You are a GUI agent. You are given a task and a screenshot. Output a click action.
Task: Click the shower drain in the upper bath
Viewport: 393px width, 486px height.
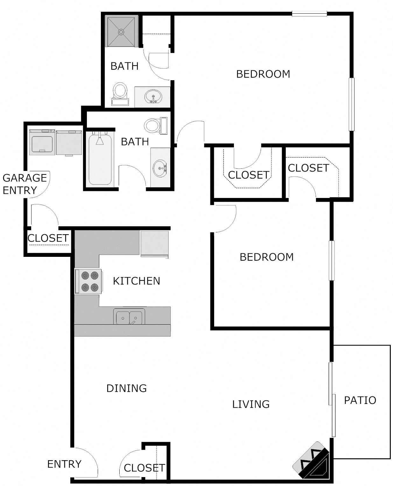tap(121, 32)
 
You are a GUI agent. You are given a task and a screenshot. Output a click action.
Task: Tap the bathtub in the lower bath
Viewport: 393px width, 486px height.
tap(100, 159)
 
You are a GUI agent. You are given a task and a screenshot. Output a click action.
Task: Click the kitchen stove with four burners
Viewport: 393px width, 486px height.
tap(88, 281)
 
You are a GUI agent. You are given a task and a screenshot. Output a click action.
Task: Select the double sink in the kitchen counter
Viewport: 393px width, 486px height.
tap(129, 317)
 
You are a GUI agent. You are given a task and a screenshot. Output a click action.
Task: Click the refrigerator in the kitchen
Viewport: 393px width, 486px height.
tap(154, 243)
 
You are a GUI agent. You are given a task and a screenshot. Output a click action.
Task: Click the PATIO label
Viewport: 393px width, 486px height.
tap(360, 400)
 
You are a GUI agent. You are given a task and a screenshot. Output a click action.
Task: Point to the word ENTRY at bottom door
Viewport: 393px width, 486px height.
tap(64, 464)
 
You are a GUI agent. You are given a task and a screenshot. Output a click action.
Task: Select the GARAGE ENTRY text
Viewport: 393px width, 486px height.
tap(25, 184)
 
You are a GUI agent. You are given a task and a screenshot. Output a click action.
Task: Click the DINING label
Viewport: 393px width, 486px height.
tap(126, 388)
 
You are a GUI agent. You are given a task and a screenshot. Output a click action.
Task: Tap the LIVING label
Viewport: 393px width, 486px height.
tap(251, 404)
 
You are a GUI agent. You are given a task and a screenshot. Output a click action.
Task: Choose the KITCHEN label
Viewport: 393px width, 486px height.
tap(137, 281)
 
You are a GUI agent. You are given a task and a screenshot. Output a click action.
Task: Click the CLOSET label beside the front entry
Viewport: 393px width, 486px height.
tap(144, 468)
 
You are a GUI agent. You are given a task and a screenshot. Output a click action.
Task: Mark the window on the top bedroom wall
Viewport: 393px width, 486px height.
tap(309, 14)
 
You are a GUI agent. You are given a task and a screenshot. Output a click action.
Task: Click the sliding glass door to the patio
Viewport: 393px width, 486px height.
tap(332, 399)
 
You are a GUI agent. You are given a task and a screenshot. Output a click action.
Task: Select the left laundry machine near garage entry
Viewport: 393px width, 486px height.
tap(42, 142)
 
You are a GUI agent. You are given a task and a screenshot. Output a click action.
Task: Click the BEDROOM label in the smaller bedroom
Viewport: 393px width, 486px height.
tap(267, 257)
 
